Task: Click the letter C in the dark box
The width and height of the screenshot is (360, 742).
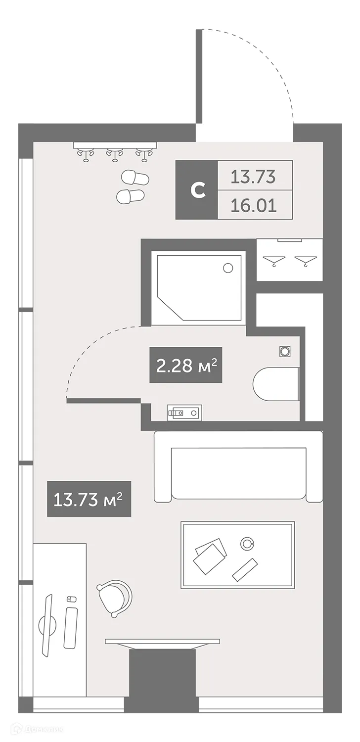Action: tap(198, 190)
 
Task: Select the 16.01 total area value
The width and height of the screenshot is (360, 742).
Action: tap(254, 205)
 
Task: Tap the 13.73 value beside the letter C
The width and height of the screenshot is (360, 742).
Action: tap(254, 176)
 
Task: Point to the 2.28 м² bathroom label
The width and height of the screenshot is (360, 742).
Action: tap(186, 366)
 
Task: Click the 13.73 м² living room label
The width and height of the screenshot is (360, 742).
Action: tap(89, 499)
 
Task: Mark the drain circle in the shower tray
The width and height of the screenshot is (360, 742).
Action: tap(228, 268)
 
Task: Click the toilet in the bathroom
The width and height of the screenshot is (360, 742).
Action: tap(276, 384)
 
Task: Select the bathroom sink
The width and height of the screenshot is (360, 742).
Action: tap(184, 412)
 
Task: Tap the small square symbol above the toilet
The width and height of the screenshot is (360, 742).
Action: tap(284, 350)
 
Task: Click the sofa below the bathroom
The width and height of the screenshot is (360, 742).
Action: tap(238, 467)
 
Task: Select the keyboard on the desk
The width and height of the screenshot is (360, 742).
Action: tap(71, 627)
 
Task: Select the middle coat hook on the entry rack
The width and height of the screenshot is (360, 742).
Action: tap(115, 155)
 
